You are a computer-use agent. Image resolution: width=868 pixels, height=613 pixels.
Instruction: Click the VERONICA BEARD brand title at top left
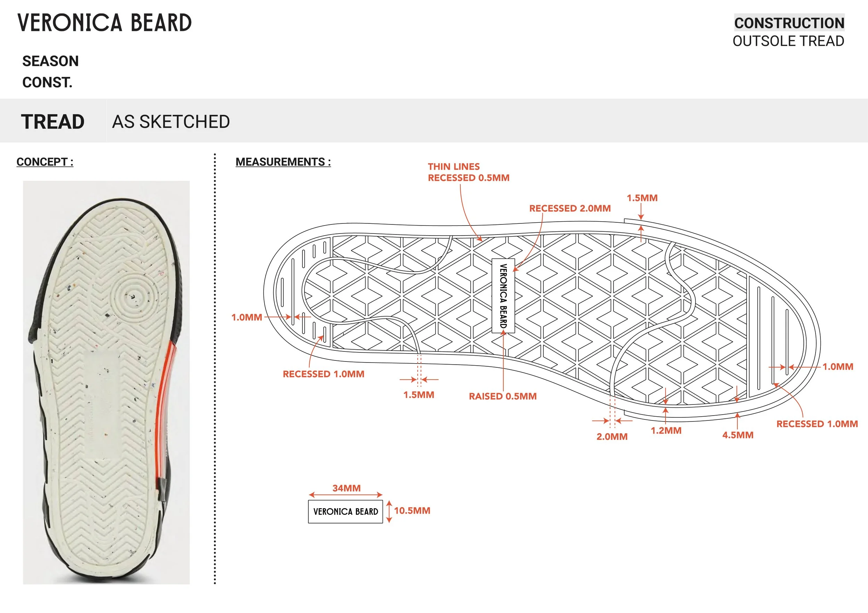[105, 23]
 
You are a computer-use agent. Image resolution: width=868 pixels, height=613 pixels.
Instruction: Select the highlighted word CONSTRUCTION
[789, 23]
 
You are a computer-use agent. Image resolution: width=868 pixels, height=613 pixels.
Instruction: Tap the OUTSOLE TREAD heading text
[788, 41]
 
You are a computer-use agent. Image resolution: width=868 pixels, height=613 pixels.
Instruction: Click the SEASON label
[51, 61]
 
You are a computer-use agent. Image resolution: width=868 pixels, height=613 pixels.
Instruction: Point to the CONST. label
[47, 82]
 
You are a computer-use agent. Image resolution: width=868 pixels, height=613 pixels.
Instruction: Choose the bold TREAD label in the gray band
[52, 122]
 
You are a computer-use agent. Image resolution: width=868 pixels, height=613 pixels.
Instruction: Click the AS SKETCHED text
[171, 122]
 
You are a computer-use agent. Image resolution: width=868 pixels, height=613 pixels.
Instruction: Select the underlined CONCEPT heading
[44, 162]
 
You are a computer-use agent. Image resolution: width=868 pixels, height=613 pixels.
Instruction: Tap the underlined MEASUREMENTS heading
[283, 162]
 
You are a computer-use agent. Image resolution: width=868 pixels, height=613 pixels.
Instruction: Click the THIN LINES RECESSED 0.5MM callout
[468, 172]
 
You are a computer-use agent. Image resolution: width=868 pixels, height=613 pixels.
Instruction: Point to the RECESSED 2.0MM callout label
[570, 208]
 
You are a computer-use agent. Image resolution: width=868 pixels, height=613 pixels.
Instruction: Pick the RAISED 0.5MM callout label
[502, 396]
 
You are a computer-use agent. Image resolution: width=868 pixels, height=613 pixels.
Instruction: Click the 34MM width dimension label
[346, 488]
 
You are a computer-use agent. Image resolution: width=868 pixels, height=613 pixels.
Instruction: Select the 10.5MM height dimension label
[412, 511]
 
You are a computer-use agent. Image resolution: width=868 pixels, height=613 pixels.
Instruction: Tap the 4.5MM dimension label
[737, 435]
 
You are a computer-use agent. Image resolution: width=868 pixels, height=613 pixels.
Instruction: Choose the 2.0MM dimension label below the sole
[612, 437]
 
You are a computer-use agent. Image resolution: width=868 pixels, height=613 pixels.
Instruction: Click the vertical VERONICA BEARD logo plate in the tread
[503, 296]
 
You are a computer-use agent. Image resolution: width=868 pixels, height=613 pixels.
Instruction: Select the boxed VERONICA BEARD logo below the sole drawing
[345, 512]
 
